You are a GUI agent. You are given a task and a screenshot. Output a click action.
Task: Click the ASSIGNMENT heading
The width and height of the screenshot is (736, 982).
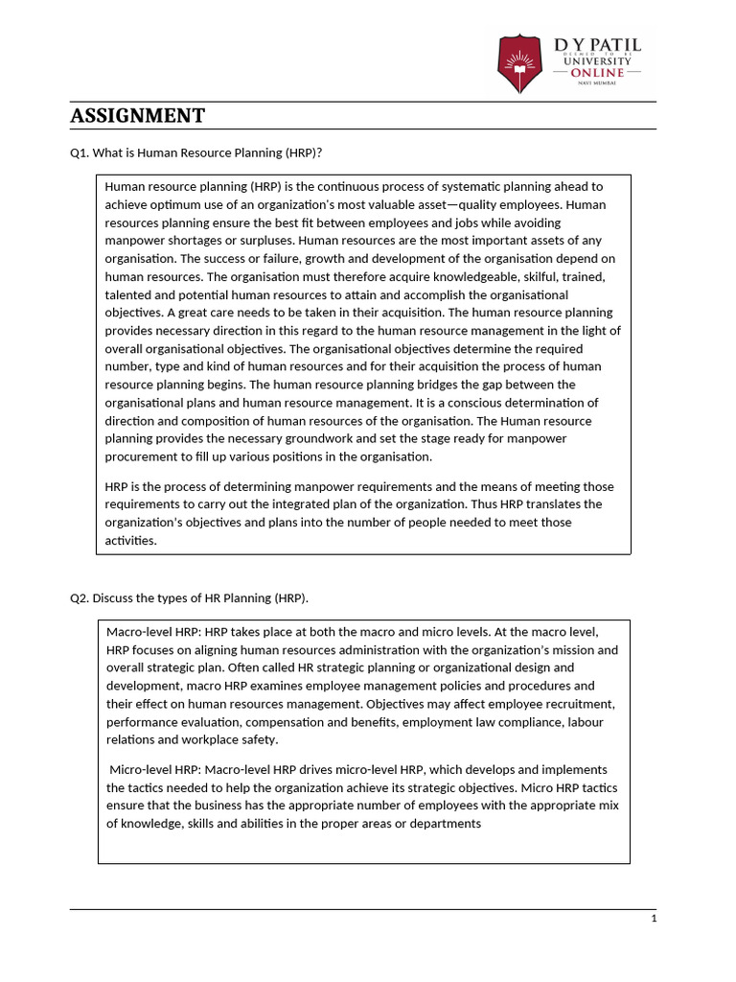(138, 116)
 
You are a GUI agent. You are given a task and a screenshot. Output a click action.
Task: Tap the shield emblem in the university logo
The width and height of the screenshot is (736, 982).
(519, 63)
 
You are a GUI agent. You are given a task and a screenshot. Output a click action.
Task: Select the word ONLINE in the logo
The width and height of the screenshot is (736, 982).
(597, 73)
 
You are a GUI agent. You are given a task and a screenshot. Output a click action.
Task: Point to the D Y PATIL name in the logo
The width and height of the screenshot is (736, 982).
(597, 45)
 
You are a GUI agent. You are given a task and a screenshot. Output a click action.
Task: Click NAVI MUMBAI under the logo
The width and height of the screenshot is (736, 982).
(597, 84)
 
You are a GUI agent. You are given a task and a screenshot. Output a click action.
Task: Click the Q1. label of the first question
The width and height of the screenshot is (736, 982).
(80, 153)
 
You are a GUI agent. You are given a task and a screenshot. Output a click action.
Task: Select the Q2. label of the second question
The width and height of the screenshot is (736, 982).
(80, 598)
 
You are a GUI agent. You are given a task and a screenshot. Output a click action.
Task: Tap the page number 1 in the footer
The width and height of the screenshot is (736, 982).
(654, 919)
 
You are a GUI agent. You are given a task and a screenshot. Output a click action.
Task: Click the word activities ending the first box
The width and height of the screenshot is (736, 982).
(130, 541)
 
